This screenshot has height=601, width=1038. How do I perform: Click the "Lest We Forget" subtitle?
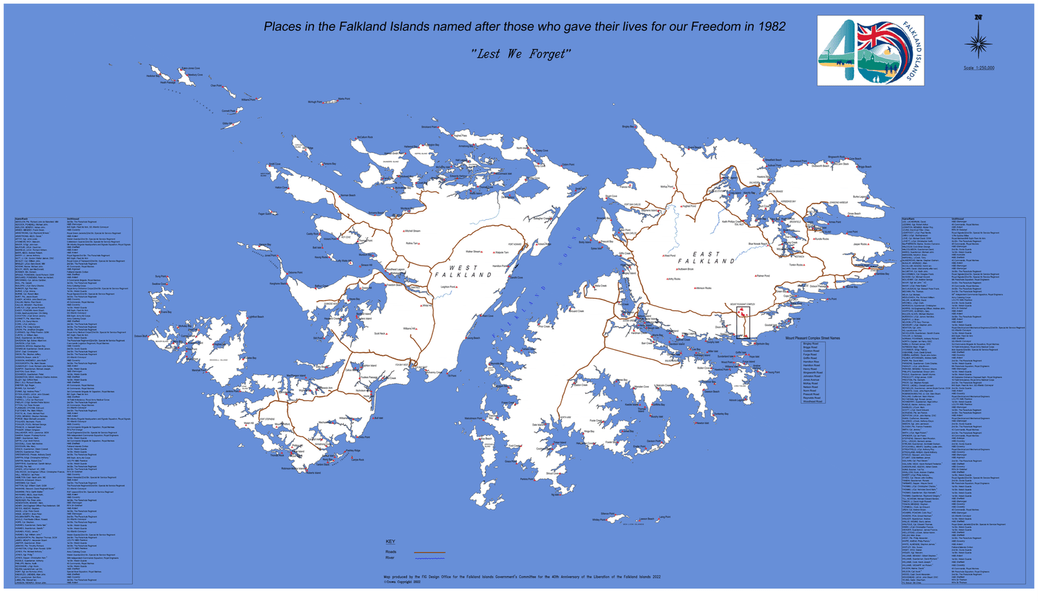520,54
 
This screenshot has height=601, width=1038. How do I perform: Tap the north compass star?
978,42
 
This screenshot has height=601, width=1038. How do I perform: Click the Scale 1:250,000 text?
978,68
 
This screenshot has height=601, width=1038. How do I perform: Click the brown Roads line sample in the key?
429,552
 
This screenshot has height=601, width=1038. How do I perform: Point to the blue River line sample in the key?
429,558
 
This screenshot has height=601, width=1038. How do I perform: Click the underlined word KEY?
390,542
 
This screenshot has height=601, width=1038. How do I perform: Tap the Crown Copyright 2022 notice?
402,582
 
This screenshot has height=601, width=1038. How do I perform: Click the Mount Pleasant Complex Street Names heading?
812,338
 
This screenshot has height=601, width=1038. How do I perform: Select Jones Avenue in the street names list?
811,380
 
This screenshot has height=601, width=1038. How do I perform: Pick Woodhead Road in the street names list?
812,401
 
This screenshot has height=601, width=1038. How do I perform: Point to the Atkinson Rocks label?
702,288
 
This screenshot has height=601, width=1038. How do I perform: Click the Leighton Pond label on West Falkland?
448,286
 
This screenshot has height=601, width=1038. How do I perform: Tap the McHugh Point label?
315,102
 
